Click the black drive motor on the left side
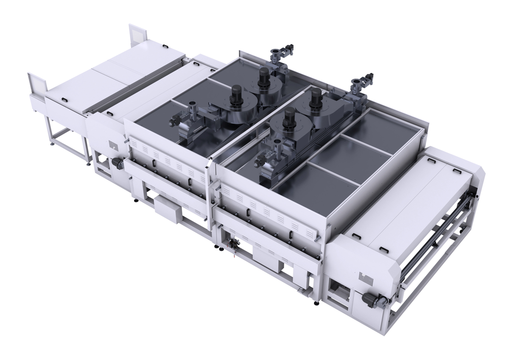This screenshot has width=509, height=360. (x=116, y=162)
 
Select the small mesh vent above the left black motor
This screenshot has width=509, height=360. (x=113, y=145)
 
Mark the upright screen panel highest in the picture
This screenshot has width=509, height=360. (x=137, y=34)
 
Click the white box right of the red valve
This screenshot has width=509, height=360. (x=268, y=257)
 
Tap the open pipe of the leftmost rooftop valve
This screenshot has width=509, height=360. (x=192, y=104)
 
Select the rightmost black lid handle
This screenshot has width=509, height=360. (x=456, y=170)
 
